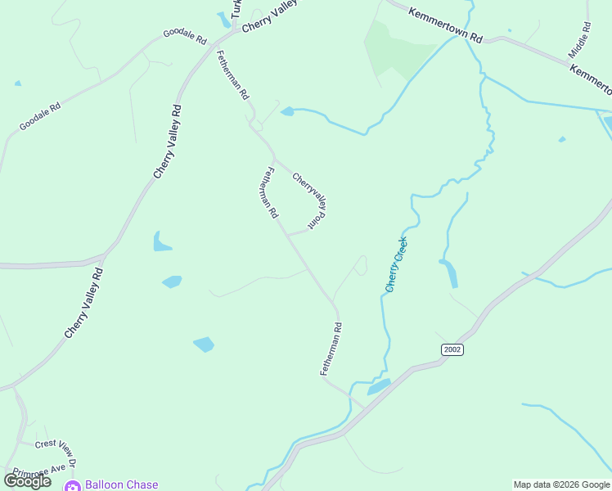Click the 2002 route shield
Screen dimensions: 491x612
pyautogui.click(x=452, y=349)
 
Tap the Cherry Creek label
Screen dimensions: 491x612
pyautogui.click(x=396, y=264)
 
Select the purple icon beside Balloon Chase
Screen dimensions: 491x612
pyautogui.click(x=72, y=485)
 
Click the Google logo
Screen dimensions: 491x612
pyautogui.click(x=27, y=481)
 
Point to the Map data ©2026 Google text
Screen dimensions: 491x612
pyautogui.click(x=561, y=484)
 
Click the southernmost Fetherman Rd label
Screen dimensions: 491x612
pyautogui.click(x=331, y=349)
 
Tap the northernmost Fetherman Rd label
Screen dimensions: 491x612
pyautogui.click(x=232, y=74)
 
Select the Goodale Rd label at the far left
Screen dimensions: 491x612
pyautogui.click(x=40, y=118)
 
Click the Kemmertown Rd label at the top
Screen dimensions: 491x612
pyautogui.click(x=446, y=26)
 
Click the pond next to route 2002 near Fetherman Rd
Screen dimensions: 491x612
pyautogui.click(x=379, y=386)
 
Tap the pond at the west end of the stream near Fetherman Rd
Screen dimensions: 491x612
pyautogui.click(x=287, y=111)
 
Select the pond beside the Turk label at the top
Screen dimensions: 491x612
pyautogui.click(x=224, y=20)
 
